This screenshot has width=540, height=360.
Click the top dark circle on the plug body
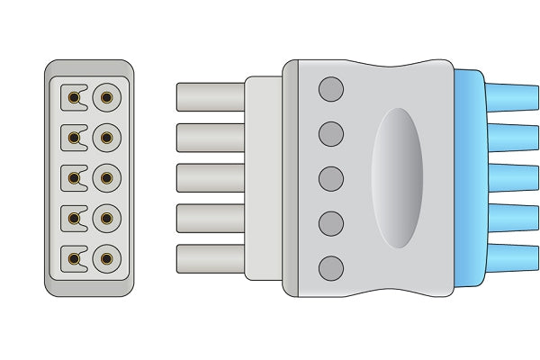(331, 89)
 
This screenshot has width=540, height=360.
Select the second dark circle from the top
(331, 134)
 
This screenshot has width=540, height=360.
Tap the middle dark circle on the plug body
(331, 178)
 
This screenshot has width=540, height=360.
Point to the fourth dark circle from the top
(331, 222)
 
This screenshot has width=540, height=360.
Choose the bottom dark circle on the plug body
(331, 267)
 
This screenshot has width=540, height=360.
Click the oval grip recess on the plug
(398, 178)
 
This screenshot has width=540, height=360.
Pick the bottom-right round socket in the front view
(106, 260)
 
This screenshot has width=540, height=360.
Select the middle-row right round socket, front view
(106, 177)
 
